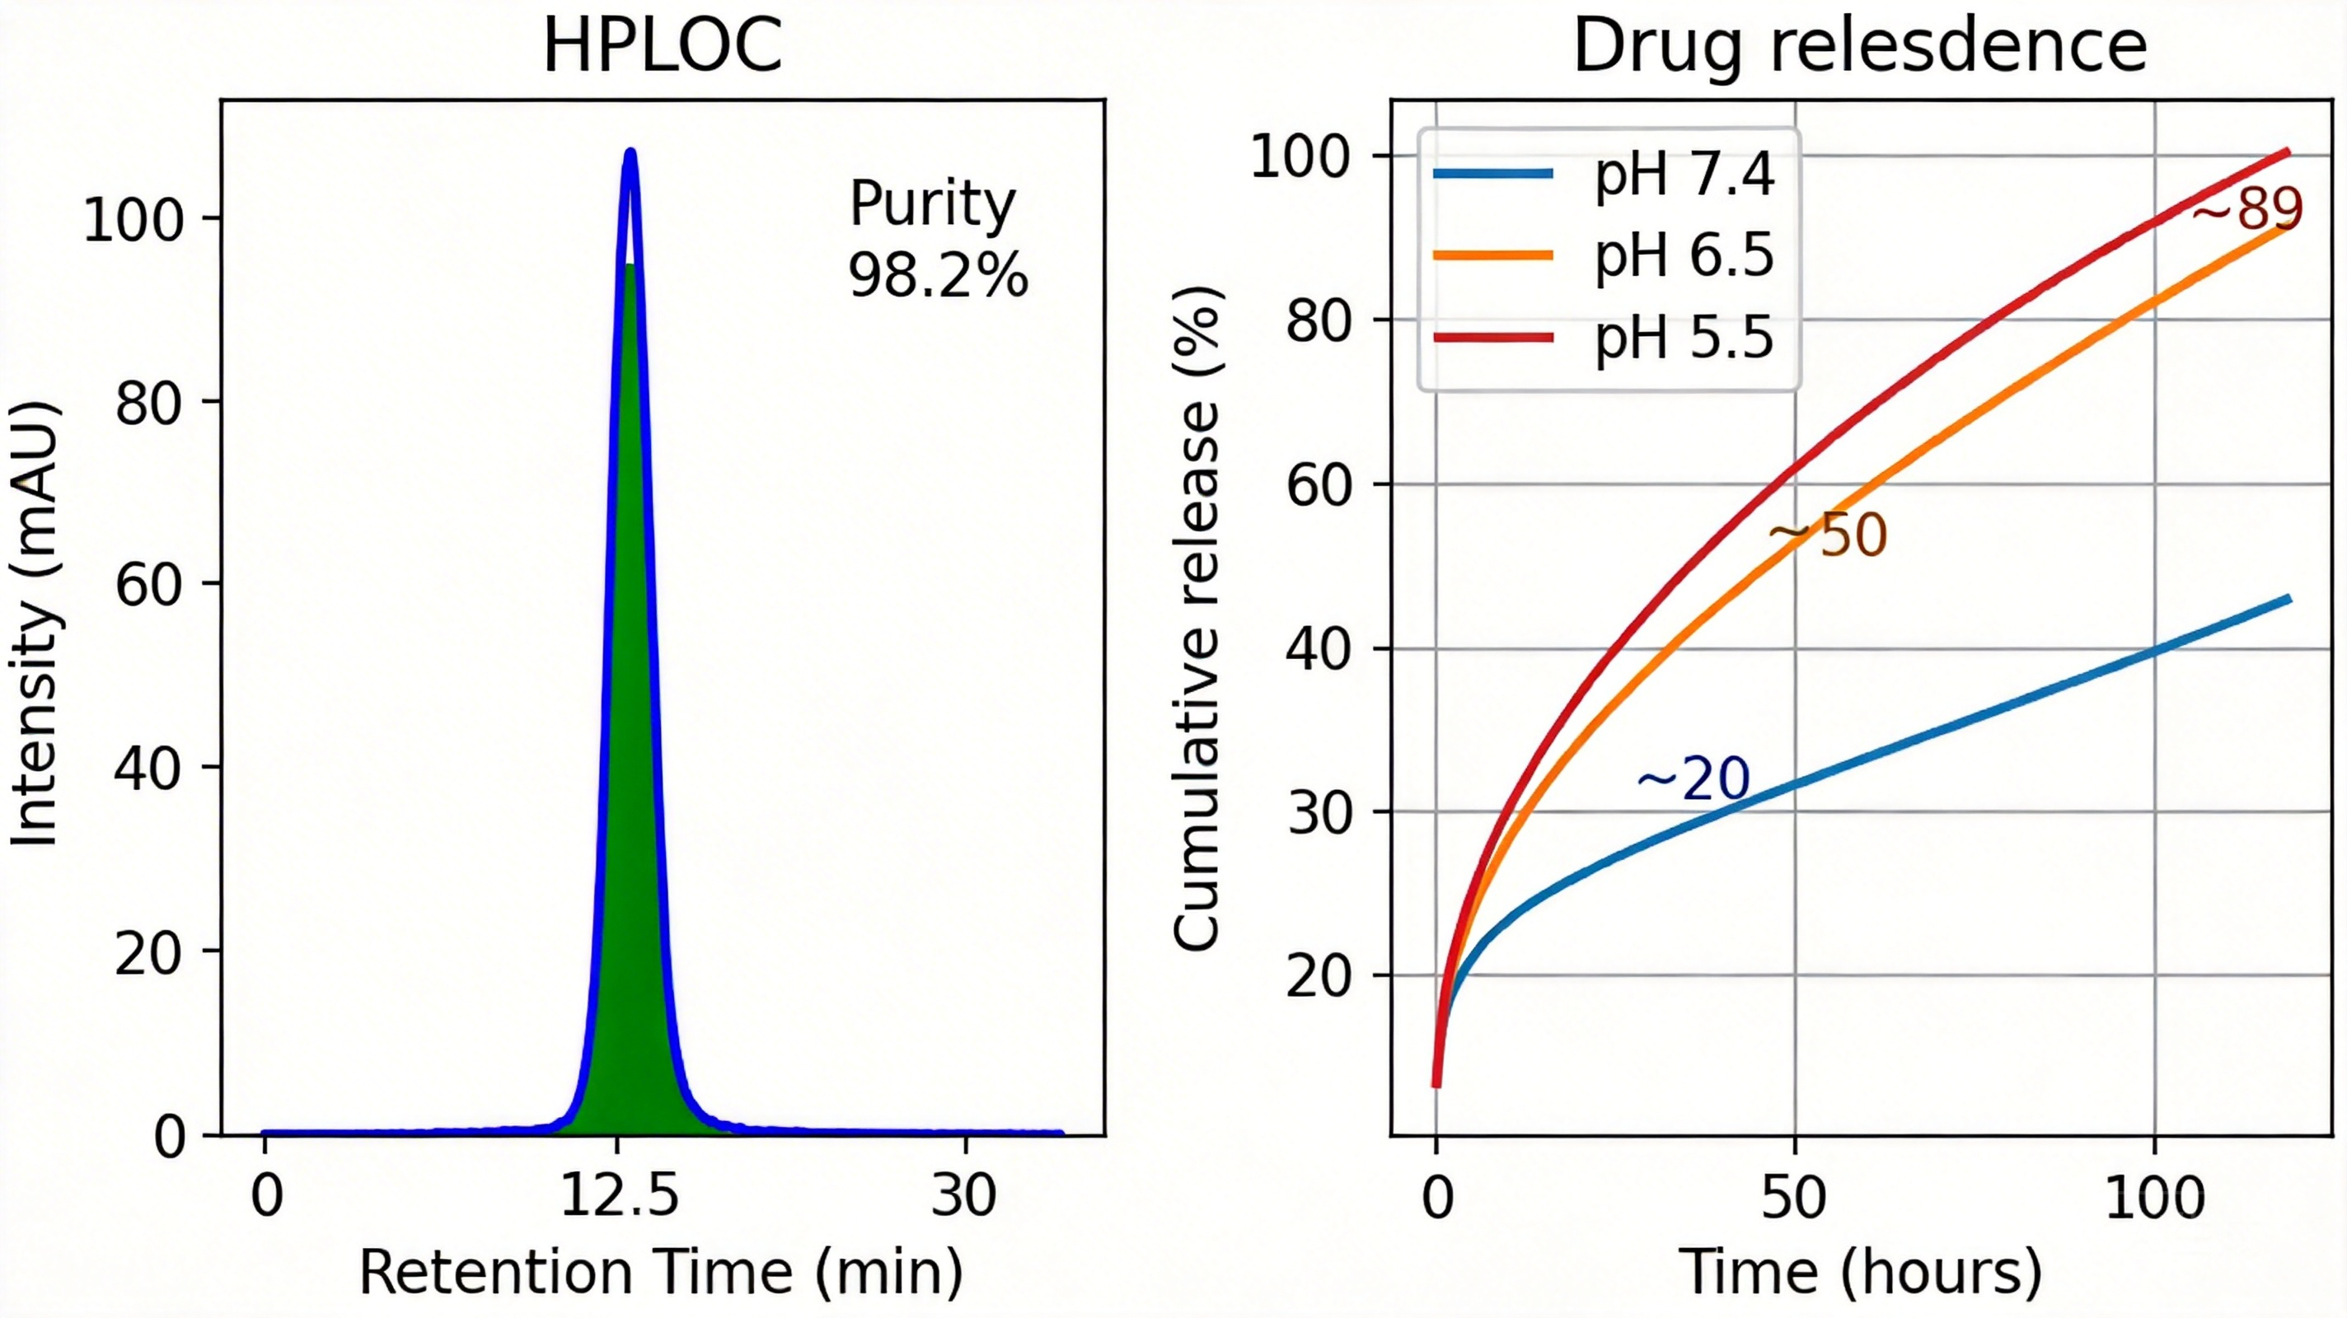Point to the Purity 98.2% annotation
point(937,239)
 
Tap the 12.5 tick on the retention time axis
point(620,1196)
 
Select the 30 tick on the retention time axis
point(964,1196)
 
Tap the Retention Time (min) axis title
point(661,1273)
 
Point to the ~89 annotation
point(2246,208)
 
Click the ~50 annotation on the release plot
point(1829,536)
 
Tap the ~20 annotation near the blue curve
point(1693,778)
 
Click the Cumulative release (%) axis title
point(1197,619)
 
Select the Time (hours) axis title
point(1860,1273)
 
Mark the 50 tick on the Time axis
point(1793,1196)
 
